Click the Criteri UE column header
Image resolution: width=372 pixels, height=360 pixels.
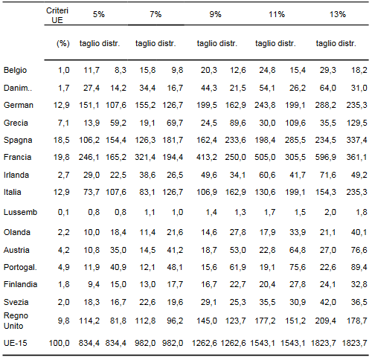coord(57,15)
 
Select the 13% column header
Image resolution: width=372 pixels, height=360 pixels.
coord(338,14)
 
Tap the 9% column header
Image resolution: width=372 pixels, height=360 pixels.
coord(215,14)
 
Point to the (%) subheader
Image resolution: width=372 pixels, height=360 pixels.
coord(63,43)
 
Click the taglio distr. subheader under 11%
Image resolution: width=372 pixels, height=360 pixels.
coord(275,43)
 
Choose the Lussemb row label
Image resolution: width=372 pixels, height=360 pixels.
coord(20,212)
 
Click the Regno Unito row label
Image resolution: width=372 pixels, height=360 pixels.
coord(16,321)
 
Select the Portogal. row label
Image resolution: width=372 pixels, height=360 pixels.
coord(20,267)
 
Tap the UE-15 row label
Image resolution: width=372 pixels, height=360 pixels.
coord(16,343)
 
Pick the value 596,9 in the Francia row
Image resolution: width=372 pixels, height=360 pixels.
coord(326,157)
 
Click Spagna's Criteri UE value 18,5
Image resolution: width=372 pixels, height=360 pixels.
coord(62,140)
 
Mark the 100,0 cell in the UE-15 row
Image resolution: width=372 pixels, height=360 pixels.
coord(60,343)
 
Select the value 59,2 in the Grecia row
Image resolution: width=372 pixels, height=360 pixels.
coord(118,123)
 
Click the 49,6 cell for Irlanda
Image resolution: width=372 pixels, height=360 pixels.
coord(209,175)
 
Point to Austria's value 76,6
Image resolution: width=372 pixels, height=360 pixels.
coord(359,250)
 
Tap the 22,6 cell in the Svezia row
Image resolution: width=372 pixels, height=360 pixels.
coord(147,302)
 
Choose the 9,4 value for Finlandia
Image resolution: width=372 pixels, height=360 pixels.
coord(94,284)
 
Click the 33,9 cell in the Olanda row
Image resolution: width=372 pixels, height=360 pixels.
coord(298,232)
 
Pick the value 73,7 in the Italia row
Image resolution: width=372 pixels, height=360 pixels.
coord(92,192)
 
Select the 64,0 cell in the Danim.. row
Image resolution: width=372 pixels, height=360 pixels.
coord(328,88)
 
